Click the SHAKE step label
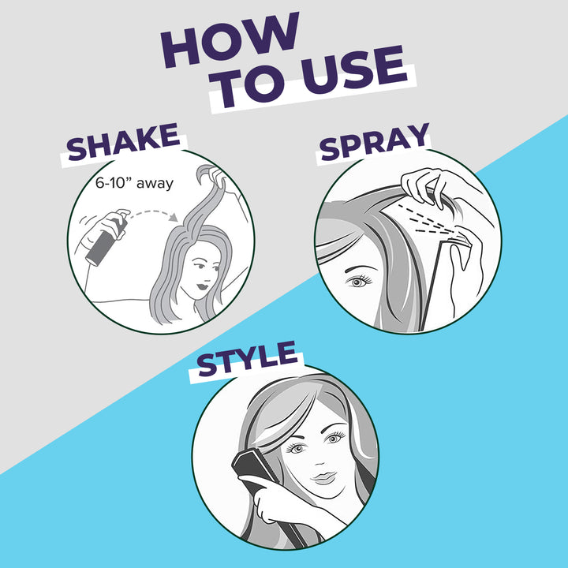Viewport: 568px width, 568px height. pos(122,146)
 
